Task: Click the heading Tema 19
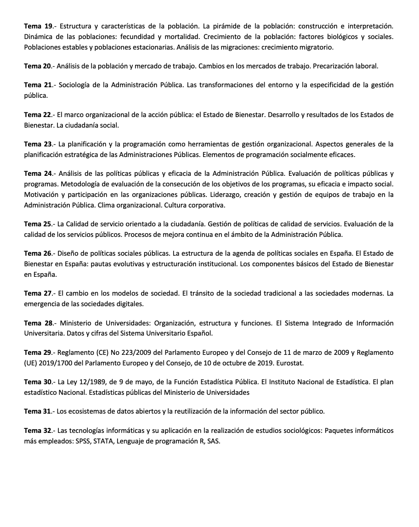(39, 27)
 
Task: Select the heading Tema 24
(39, 174)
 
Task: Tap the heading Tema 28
(39, 323)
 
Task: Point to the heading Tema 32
(39, 431)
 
